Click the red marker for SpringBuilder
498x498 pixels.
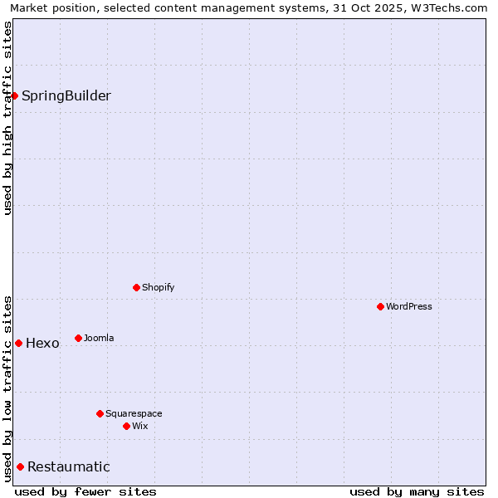tap(14, 95)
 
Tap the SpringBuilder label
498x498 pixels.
tap(66, 95)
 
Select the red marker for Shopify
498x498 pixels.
tap(136, 287)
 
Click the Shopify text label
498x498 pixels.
tap(159, 287)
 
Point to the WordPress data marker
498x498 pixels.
tap(380, 306)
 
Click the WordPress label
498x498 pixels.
tap(409, 306)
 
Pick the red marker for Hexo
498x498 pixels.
tap(18, 343)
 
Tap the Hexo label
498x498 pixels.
tap(42, 344)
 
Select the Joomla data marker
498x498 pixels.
tap(78, 338)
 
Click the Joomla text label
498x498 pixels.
tap(99, 338)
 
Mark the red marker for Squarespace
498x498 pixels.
tap(100, 413)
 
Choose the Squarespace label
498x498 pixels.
tap(134, 413)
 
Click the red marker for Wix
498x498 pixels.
tap(126, 426)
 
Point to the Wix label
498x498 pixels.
tap(140, 426)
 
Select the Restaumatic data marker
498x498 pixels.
tap(20, 466)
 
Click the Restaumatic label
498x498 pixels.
tap(69, 466)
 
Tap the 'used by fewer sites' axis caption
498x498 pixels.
tap(85, 491)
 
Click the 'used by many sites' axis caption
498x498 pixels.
tap(417, 491)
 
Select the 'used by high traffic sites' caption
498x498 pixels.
tap(7, 118)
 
